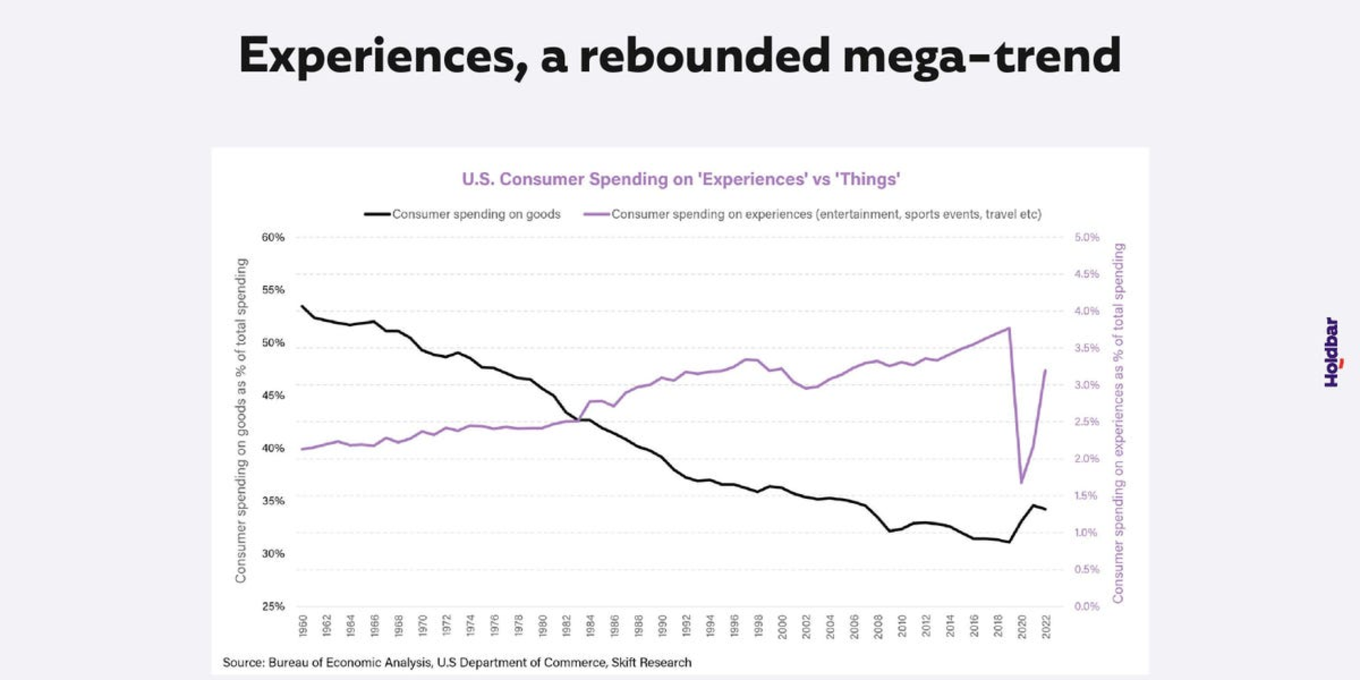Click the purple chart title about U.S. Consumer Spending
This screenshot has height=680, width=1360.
click(681, 179)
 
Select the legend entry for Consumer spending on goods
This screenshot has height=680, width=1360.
click(476, 214)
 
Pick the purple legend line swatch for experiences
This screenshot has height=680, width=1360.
click(596, 214)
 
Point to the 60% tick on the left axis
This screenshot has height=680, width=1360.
click(273, 237)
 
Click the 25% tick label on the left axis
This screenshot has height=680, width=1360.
click(273, 606)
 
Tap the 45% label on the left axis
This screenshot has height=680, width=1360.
click(273, 396)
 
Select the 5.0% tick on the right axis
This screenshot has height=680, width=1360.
click(1087, 237)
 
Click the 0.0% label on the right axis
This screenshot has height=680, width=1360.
click(1087, 606)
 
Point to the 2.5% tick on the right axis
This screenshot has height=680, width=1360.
click(1087, 422)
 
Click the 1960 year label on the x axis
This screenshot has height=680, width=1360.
click(303, 626)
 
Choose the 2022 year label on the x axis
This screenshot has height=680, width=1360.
click(1046, 626)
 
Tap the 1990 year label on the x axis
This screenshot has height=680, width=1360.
click(663, 626)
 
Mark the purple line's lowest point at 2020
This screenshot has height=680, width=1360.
click(1021, 482)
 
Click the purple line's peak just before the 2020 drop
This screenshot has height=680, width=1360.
click(1009, 328)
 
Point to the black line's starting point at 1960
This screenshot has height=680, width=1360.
click(302, 306)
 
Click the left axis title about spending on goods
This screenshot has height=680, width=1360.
click(241, 420)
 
